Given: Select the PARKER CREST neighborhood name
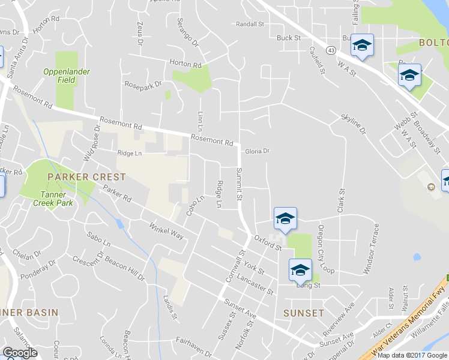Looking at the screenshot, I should pyautogui.click(x=87, y=177).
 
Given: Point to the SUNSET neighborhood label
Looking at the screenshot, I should pyautogui.click(x=304, y=313).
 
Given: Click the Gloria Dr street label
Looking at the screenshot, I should pyautogui.click(x=258, y=151).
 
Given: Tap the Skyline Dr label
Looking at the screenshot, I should pyautogui.click(x=353, y=122).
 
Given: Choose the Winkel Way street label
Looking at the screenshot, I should pyautogui.click(x=167, y=231).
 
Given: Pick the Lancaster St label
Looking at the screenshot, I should pyautogui.click(x=255, y=282).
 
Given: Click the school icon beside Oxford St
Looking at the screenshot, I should pyautogui.click(x=285, y=218).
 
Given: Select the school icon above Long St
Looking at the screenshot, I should pyautogui.click(x=300, y=269).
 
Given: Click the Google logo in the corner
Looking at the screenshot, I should pyautogui.click(x=20, y=353).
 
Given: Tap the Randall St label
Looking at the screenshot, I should pyautogui.click(x=250, y=25).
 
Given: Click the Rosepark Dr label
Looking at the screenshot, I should pyautogui.click(x=143, y=84).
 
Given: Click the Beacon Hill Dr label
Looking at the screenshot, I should pyautogui.click(x=125, y=268).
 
